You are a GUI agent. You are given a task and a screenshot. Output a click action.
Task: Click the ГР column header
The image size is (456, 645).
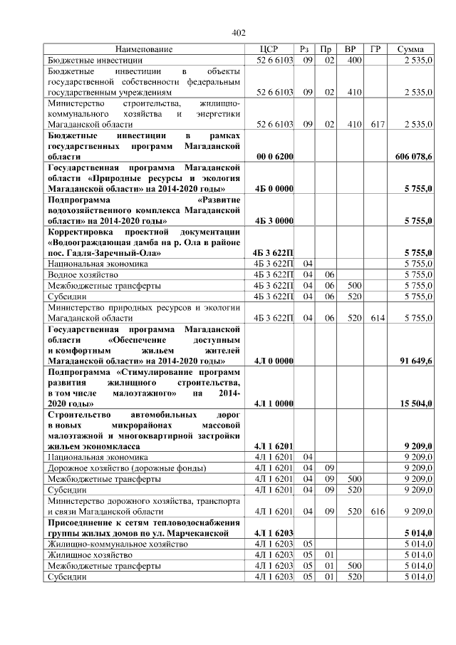click(375, 49)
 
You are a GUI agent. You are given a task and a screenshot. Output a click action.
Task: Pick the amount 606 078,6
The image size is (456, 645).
click(413, 155)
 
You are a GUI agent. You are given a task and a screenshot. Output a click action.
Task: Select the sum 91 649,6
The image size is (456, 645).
click(415, 361)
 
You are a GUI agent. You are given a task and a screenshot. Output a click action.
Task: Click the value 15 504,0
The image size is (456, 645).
click(415, 403)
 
